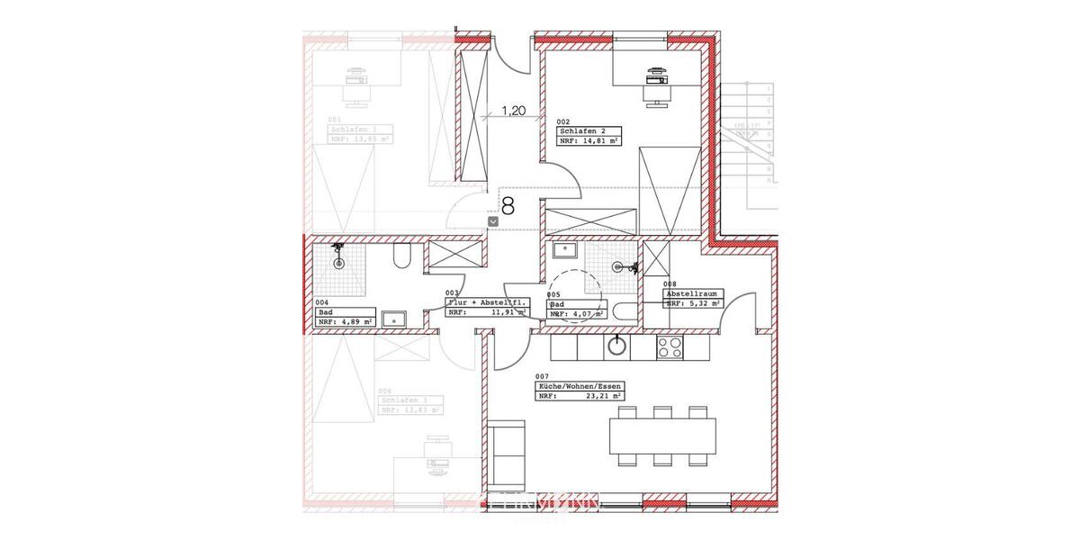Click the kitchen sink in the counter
617,346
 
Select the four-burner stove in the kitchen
670,346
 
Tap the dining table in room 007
662,436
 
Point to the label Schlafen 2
583,131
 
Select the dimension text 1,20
513,112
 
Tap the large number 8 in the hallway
508,207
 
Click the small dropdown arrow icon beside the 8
492,220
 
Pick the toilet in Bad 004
401,258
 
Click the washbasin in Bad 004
393,318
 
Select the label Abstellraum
690,294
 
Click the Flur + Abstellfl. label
487,303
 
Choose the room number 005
553,294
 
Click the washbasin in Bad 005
566,248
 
